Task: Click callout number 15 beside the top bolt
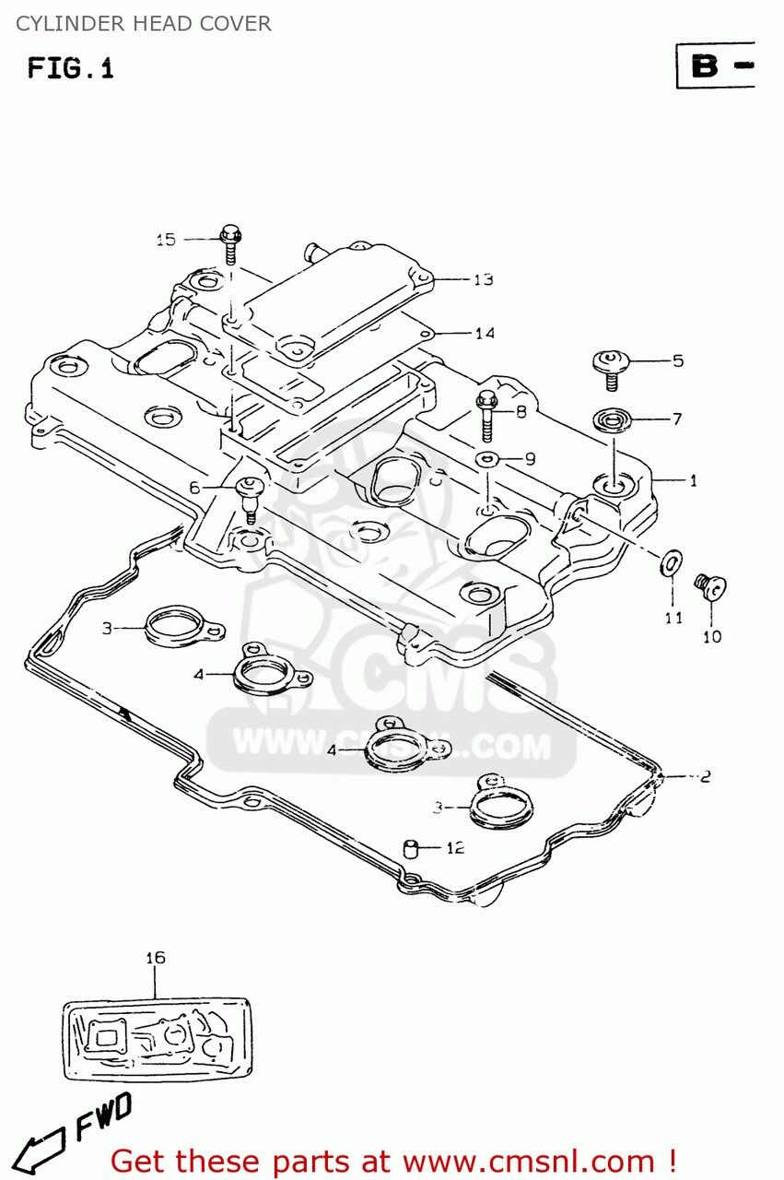pyautogui.click(x=165, y=240)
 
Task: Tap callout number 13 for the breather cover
pyautogui.click(x=484, y=279)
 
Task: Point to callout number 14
pyautogui.click(x=485, y=334)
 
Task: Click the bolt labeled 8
pyautogui.click(x=486, y=415)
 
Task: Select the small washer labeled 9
pyautogui.click(x=486, y=458)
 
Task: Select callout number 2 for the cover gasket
pyautogui.click(x=705, y=776)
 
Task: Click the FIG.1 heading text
pyautogui.click(x=70, y=67)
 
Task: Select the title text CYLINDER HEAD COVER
pyautogui.click(x=143, y=24)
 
